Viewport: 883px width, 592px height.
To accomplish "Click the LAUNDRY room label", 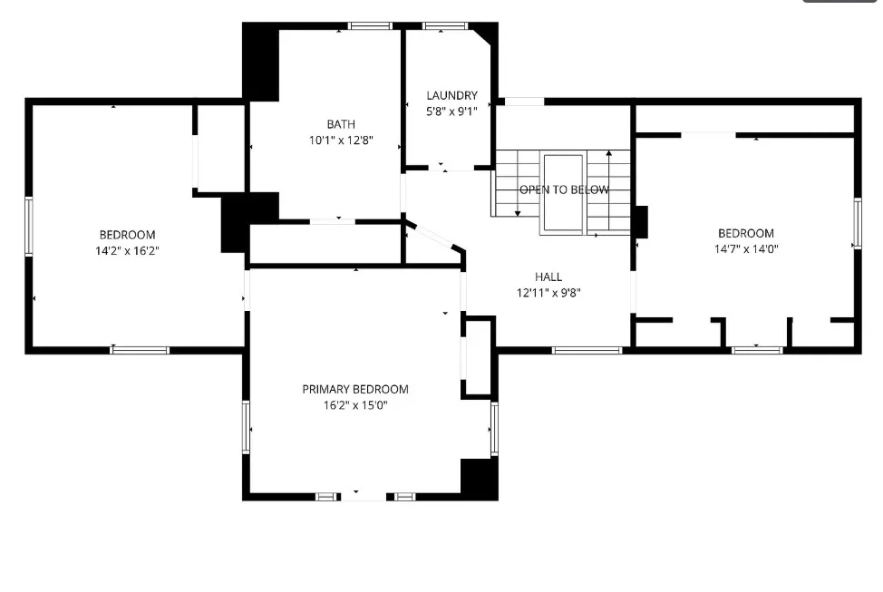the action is (x=451, y=95).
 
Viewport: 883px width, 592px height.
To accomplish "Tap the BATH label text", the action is (x=341, y=124).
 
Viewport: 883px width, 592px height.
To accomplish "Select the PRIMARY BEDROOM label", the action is (x=355, y=389).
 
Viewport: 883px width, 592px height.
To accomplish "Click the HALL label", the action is (x=548, y=277).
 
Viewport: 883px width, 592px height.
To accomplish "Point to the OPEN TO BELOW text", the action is (x=564, y=189).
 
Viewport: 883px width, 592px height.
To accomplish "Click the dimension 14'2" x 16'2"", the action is (x=127, y=250).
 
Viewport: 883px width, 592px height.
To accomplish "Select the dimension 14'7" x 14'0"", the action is (x=746, y=248).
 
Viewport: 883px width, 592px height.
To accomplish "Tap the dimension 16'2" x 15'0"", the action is (x=355, y=405).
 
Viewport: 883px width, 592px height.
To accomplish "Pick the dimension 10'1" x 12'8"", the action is (x=341, y=140).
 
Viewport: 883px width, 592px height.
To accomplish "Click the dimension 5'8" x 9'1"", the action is (x=451, y=111).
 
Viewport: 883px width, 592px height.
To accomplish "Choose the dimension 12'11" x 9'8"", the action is (x=548, y=292).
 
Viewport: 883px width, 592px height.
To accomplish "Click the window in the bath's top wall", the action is (x=370, y=26).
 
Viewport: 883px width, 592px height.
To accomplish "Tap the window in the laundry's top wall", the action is (x=445, y=26).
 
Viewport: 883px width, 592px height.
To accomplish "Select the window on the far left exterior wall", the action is (x=29, y=226).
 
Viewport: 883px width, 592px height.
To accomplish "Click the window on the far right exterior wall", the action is (x=858, y=224).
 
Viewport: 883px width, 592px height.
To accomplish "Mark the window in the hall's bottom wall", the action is (x=587, y=350).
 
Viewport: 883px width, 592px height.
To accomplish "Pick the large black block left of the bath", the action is (x=261, y=62).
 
